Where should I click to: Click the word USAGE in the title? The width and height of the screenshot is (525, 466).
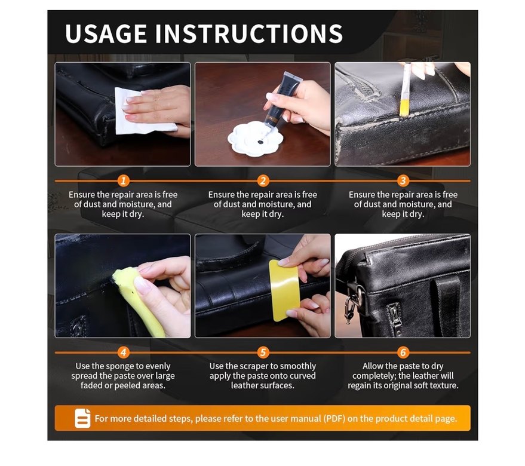(x=106, y=33)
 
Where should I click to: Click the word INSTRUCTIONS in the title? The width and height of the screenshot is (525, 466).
(x=249, y=33)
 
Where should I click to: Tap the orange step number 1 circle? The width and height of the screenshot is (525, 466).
(x=123, y=181)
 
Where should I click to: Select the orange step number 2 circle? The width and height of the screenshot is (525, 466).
(x=263, y=181)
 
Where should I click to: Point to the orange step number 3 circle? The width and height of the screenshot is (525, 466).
(x=403, y=181)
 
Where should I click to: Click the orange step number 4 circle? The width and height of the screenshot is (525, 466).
(x=123, y=352)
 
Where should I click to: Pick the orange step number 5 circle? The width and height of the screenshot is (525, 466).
(x=263, y=352)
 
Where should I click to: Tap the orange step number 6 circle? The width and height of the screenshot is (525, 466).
(x=403, y=352)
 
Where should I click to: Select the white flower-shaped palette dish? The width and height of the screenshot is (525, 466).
(x=255, y=139)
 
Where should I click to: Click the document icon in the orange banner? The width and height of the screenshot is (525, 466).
(x=82, y=418)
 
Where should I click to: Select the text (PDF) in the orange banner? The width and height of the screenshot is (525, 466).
(x=334, y=418)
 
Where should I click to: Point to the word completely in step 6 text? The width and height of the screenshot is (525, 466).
(x=373, y=376)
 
